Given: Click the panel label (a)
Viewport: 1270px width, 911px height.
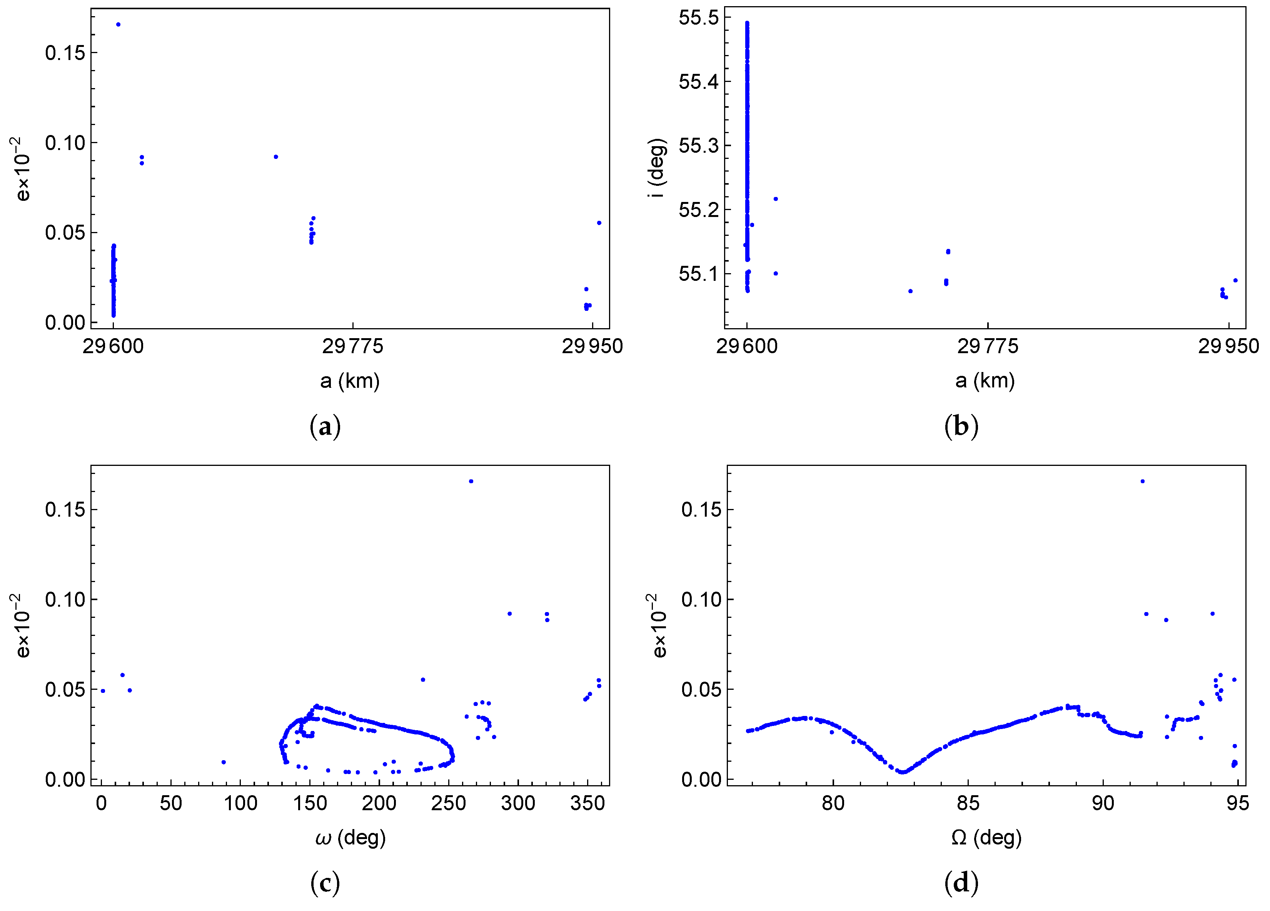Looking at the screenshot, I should [x=325, y=427].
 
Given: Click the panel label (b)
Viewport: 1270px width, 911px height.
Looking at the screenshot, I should [x=961, y=427].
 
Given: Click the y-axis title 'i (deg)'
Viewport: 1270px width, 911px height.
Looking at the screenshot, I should [x=656, y=168].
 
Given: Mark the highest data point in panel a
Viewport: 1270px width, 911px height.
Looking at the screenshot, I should [x=118, y=25].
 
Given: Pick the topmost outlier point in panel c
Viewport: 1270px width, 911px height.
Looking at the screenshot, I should [x=471, y=481].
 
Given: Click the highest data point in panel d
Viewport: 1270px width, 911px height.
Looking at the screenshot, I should [x=1142, y=481].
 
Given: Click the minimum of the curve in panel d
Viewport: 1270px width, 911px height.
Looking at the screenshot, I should [x=902, y=772].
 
